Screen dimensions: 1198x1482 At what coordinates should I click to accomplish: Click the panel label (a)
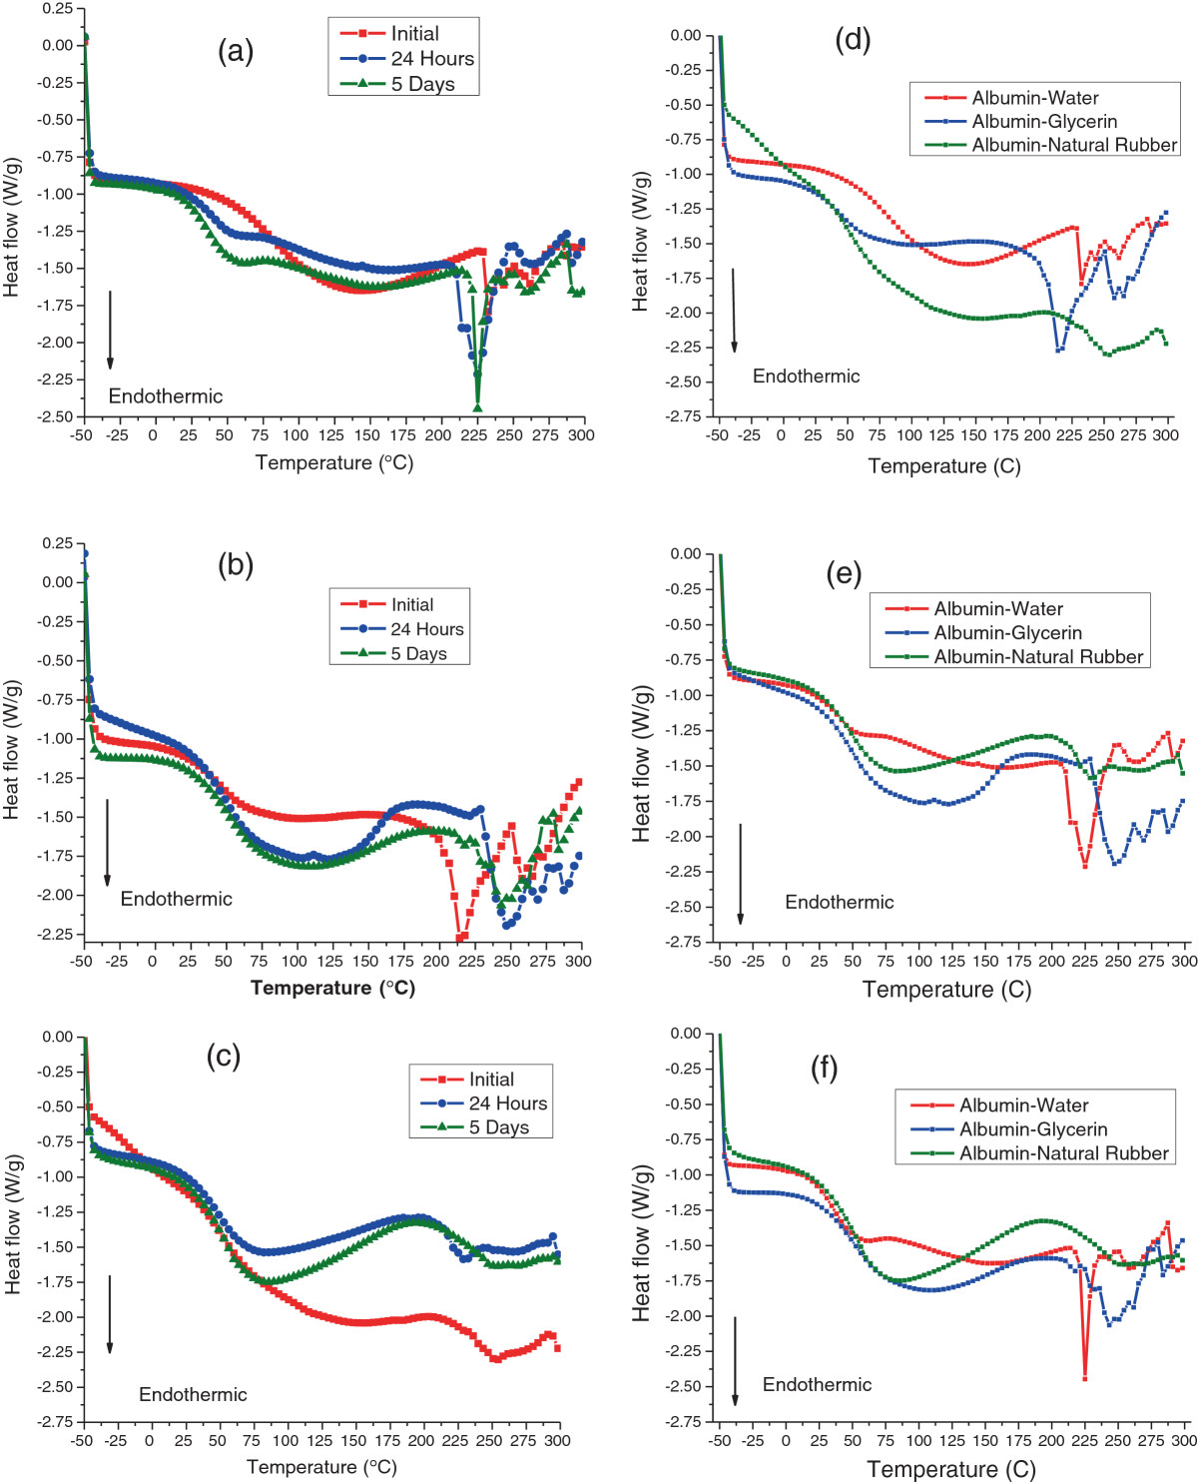pyautogui.click(x=236, y=51)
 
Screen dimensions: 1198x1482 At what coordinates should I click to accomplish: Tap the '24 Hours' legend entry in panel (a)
pyautogui.click(x=407, y=59)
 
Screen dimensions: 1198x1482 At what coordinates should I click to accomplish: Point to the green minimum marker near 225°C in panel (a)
pyautogui.click(x=477, y=407)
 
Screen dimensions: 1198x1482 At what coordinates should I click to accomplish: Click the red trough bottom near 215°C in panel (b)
pyautogui.click(x=459, y=937)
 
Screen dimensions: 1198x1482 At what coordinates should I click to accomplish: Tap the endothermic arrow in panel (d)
pyautogui.click(x=734, y=311)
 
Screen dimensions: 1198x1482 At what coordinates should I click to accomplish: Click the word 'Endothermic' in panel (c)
pyautogui.click(x=193, y=1394)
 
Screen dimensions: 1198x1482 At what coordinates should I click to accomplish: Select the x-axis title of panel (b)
pyautogui.click(x=333, y=988)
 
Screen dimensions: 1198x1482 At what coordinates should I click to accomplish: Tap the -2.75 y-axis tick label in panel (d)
pyautogui.click(x=684, y=416)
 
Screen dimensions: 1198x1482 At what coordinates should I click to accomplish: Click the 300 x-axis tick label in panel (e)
pyautogui.click(x=1184, y=961)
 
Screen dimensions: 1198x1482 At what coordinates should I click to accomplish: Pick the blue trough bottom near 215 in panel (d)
pyautogui.click(x=1058, y=350)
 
